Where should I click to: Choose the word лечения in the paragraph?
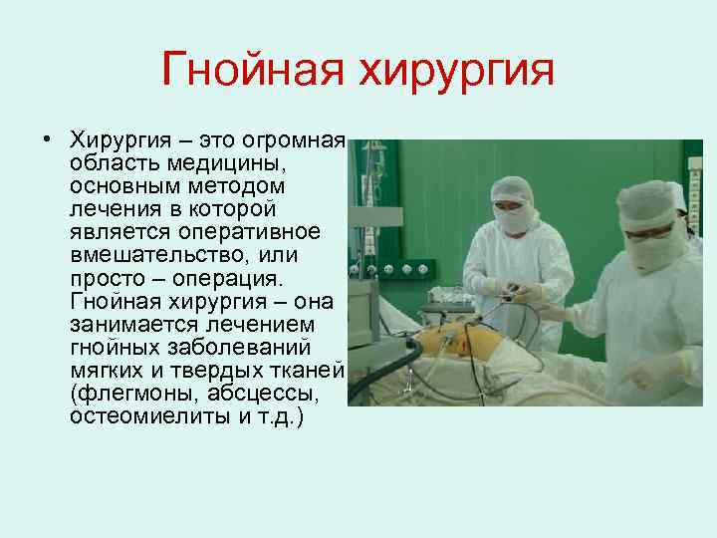pyautogui.click(x=107, y=208)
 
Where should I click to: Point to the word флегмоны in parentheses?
pyautogui.click(x=120, y=393)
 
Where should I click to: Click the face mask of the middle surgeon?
pyautogui.click(x=516, y=218)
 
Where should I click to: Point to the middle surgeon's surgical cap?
pyautogui.click(x=516, y=188)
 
